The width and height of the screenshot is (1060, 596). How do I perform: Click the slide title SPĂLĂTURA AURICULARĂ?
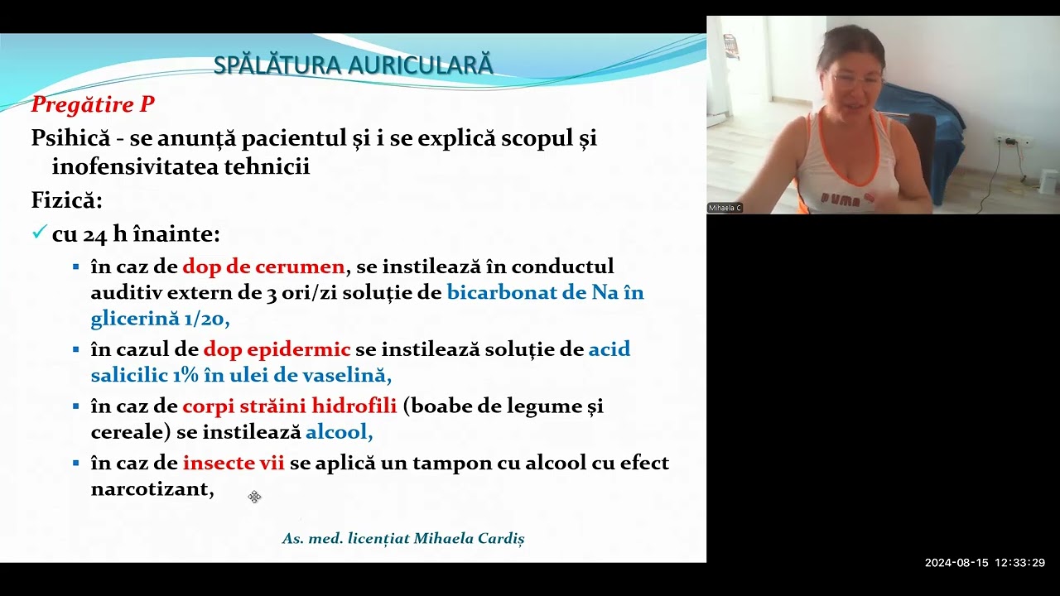click(353, 65)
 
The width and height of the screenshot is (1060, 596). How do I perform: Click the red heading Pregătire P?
click(93, 104)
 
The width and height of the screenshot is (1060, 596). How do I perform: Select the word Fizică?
click(66, 200)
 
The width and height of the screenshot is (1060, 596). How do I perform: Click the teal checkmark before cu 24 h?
click(38, 233)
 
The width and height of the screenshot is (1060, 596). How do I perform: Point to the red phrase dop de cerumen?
click(263, 267)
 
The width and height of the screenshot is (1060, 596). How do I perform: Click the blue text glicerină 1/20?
click(160, 320)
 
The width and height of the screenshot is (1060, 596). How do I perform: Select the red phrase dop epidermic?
click(277, 349)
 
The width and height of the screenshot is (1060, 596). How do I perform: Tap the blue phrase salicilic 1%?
click(145, 375)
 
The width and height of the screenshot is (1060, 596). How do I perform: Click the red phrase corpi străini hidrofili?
click(290, 406)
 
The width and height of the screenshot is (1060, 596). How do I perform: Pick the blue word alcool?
click(339, 432)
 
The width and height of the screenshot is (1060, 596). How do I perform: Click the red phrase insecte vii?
click(234, 463)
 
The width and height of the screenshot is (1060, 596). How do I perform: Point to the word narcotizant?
click(152, 489)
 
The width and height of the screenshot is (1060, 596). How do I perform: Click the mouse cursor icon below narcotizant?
click(254, 497)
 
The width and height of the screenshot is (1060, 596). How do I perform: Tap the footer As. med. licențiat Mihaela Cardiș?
click(403, 538)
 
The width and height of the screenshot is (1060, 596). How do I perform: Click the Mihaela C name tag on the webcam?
click(725, 208)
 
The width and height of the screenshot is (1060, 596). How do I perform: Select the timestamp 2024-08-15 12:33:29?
click(985, 563)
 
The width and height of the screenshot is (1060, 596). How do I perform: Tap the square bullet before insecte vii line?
click(75, 464)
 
